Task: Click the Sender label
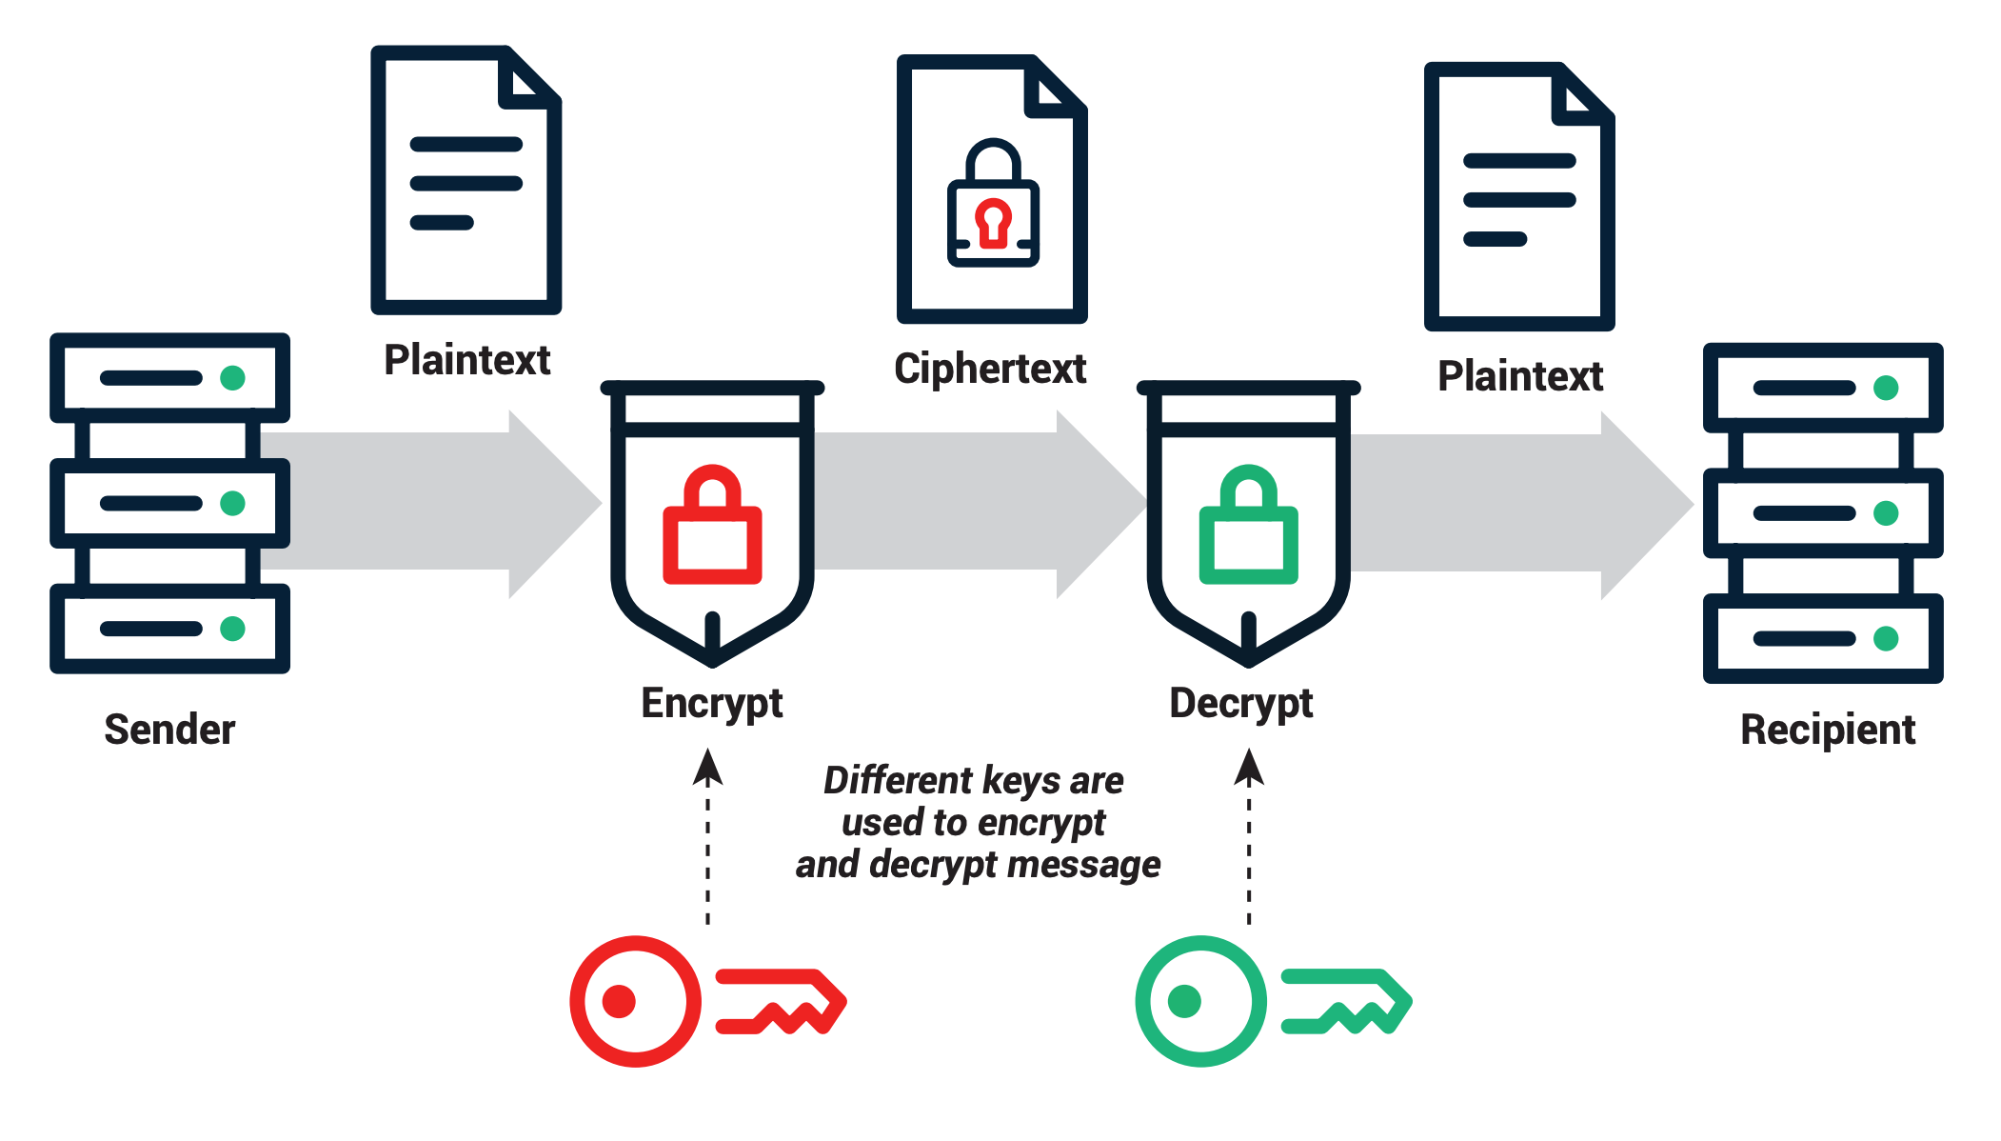tap(169, 730)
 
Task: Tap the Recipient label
tap(1827, 730)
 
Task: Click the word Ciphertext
tap(990, 369)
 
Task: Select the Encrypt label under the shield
tap(711, 704)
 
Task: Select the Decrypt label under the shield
tap(1240, 704)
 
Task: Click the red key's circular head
tap(635, 1001)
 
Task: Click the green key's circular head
tap(1200, 1001)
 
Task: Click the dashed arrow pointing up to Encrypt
tap(707, 838)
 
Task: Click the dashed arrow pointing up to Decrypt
tap(1249, 838)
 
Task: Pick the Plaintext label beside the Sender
tap(466, 360)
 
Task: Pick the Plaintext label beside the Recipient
tap(1519, 376)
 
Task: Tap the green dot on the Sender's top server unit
tap(232, 378)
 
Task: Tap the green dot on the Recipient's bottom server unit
tap(1885, 639)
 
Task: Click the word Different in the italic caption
tap(885, 780)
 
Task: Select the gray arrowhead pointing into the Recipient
tap(1642, 505)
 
